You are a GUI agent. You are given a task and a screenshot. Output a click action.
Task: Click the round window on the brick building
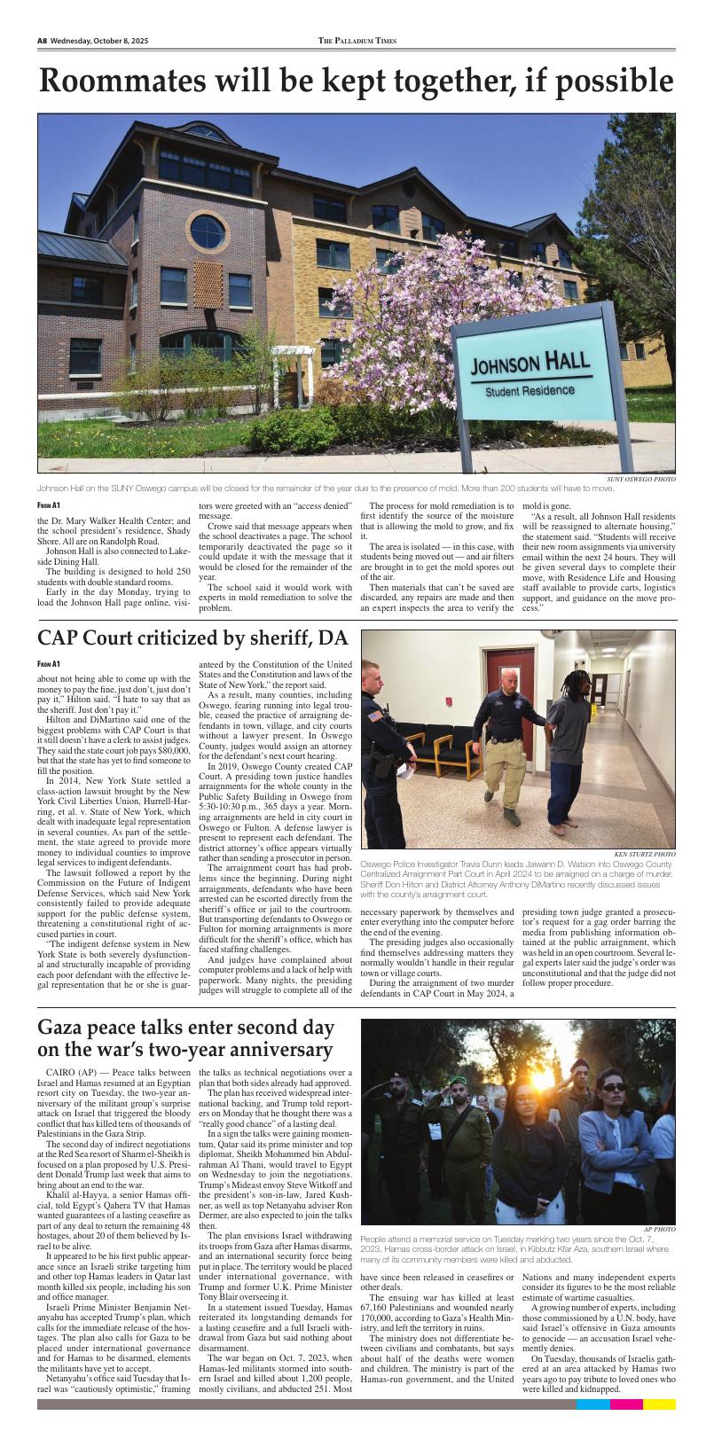(207, 231)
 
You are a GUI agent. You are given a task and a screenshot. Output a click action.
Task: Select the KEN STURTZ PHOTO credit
(644, 854)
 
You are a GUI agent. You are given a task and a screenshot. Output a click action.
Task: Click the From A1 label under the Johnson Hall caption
(49, 505)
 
